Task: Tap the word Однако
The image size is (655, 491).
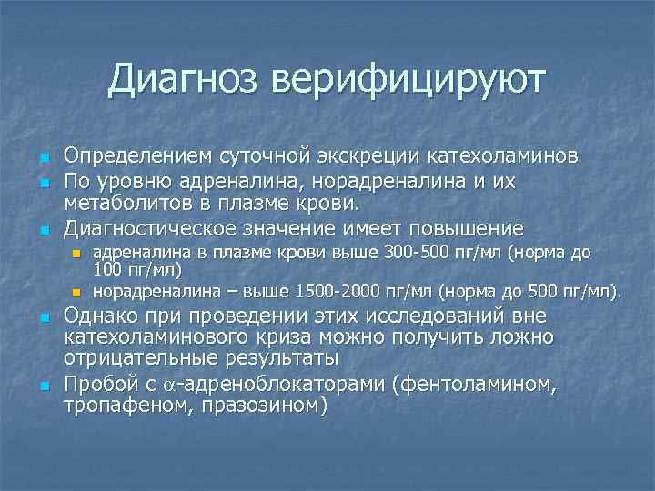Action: (x=104, y=317)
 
